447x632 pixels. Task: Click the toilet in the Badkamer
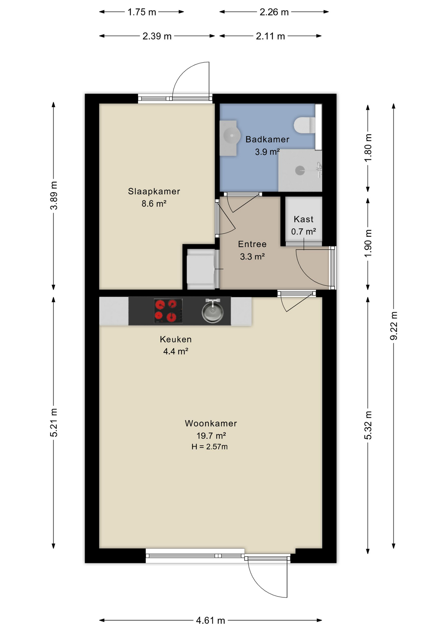pyautogui.click(x=304, y=125)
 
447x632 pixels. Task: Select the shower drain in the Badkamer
pyautogui.click(x=300, y=171)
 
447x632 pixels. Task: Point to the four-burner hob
pyautogui.click(x=168, y=311)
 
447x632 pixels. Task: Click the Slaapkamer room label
pyautogui.click(x=154, y=191)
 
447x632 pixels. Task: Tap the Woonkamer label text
pyautogui.click(x=211, y=423)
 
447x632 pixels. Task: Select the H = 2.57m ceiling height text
pyautogui.click(x=210, y=447)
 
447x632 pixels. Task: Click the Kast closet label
pyautogui.click(x=303, y=219)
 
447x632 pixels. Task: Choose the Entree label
pyautogui.click(x=252, y=244)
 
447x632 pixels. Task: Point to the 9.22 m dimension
pyautogui.click(x=394, y=326)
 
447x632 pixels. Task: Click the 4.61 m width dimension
pyautogui.click(x=211, y=620)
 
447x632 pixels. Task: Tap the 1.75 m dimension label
pyautogui.click(x=142, y=12)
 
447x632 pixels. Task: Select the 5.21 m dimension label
pyautogui.click(x=54, y=422)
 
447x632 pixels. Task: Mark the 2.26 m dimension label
pyautogui.click(x=274, y=12)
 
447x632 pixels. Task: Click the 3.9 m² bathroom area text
pyautogui.click(x=267, y=152)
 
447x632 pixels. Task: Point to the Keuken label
pyautogui.click(x=176, y=339)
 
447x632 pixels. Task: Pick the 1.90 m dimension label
pyautogui.click(x=368, y=243)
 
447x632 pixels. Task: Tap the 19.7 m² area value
pyautogui.click(x=211, y=436)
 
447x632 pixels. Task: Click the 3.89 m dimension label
pyautogui.click(x=54, y=195)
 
